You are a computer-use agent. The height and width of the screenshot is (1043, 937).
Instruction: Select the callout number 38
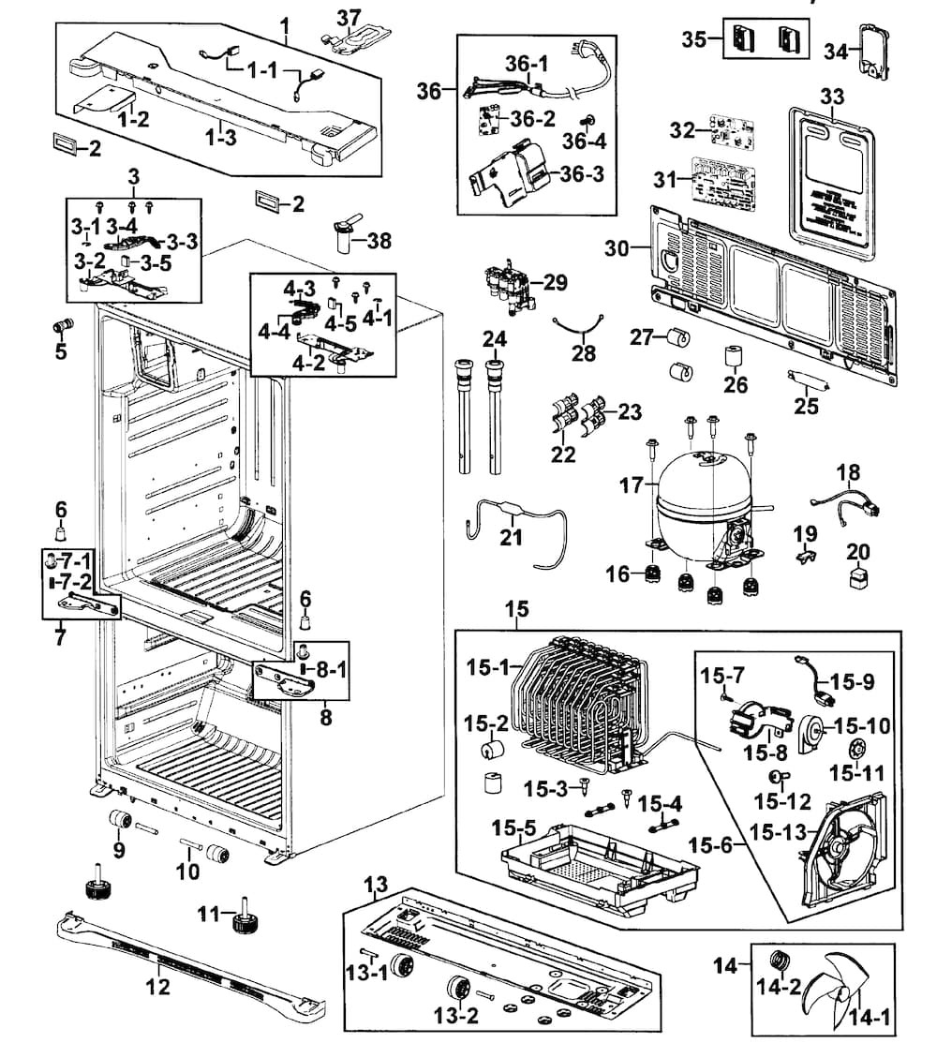tap(379, 241)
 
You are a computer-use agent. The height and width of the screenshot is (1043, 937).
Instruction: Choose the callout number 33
tap(831, 97)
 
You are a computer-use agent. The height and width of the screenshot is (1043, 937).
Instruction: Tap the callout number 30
tap(617, 248)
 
